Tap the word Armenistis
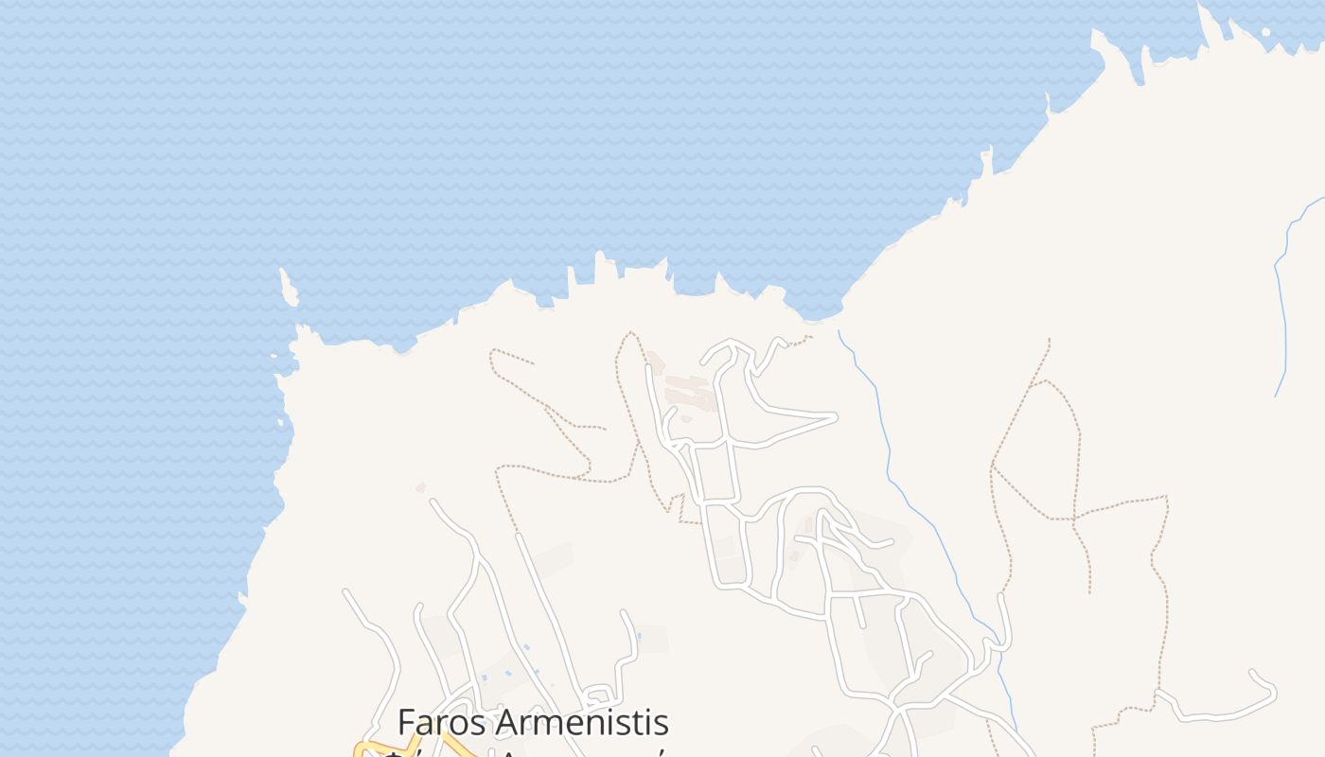pyautogui.click(x=582, y=722)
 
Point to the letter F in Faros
pyautogui.click(x=407, y=722)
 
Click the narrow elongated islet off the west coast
pyautogui.click(x=288, y=287)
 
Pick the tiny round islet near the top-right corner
pyautogui.click(x=1266, y=31)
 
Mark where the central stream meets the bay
pyautogui.click(x=839, y=330)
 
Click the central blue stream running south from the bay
pyautogui.click(x=909, y=492)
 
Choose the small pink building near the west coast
pyautogui.click(x=420, y=488)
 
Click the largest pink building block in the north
pyautogui.click(x=692, y=392)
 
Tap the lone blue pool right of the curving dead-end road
pyautogui.click(x=639, y=636)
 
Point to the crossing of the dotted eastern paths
pyautogui.click(x=1075, y=519)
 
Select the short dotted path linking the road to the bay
pyautogui.click(x=797, y=340)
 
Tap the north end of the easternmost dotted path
pyautogui.click(x=1049, y=340)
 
